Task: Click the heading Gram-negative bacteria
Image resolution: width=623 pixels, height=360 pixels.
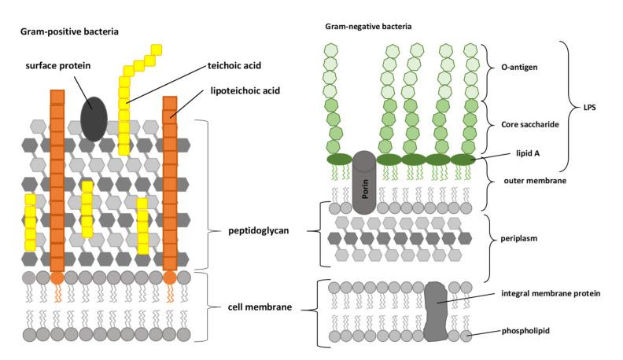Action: [368, 26]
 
